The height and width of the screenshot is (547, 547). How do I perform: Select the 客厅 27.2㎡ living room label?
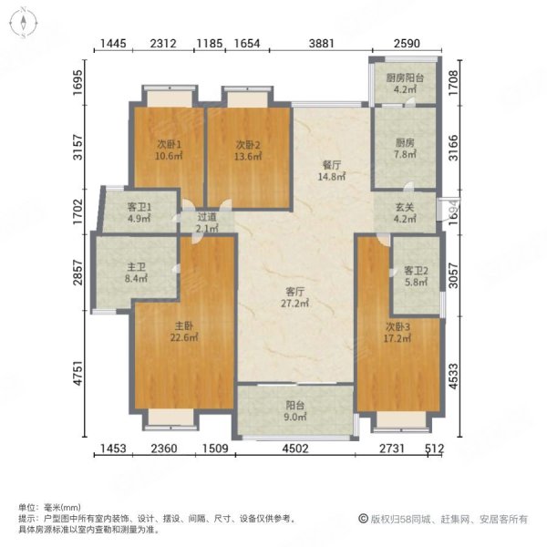pyautogui.click(x=293, y=298)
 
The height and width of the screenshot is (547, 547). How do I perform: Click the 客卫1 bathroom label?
pyautogui.click(x=126, y=213)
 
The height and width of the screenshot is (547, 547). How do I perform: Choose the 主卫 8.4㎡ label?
pyautogui.click(x=137, y=273)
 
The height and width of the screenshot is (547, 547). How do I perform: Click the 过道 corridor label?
pyautogui.click(x=207, y=222)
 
